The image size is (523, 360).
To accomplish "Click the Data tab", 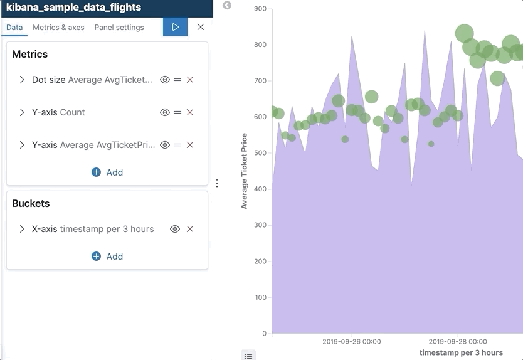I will coord(14,28).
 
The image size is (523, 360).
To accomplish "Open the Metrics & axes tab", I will coord(58,28).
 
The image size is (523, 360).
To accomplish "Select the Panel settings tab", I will coord(119,28).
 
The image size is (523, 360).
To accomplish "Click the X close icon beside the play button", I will coord(201,27).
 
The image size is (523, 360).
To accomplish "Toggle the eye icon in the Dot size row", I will coord(165,80).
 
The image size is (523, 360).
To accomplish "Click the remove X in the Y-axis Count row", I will coord(190,112).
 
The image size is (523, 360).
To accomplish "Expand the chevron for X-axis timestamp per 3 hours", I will coord(22,229).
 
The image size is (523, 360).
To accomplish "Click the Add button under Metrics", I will coord(107,172).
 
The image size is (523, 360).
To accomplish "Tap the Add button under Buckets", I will coord(107,257).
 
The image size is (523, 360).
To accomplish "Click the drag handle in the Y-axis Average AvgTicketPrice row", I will coord(177,145).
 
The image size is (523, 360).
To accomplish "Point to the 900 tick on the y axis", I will coord(260,9).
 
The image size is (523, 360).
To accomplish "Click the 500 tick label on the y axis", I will coord(260,153).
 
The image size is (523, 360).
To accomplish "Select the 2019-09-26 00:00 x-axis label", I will coord(351,342).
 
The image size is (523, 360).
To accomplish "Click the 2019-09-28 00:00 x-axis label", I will coord(457,342).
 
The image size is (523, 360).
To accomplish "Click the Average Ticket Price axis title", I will coord(245,171).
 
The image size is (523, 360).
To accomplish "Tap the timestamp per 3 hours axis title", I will coord(461,352).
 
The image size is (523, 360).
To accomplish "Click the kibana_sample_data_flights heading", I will coord(73,8).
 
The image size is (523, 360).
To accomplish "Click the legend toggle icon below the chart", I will coord(248,356).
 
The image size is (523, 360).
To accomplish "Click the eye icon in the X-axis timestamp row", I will coord(175,229).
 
